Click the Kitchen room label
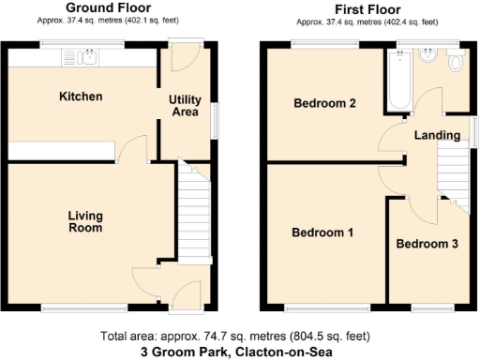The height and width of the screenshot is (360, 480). (81, 97)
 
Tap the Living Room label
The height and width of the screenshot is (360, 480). (85, 221)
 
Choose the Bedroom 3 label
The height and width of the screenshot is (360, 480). (427, 244)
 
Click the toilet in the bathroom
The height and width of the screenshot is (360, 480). (457, 63)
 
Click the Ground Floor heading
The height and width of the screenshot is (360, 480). (103, 7)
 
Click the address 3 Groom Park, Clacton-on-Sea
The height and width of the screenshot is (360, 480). (239, 352)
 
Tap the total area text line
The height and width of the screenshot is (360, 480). (239, 337)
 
